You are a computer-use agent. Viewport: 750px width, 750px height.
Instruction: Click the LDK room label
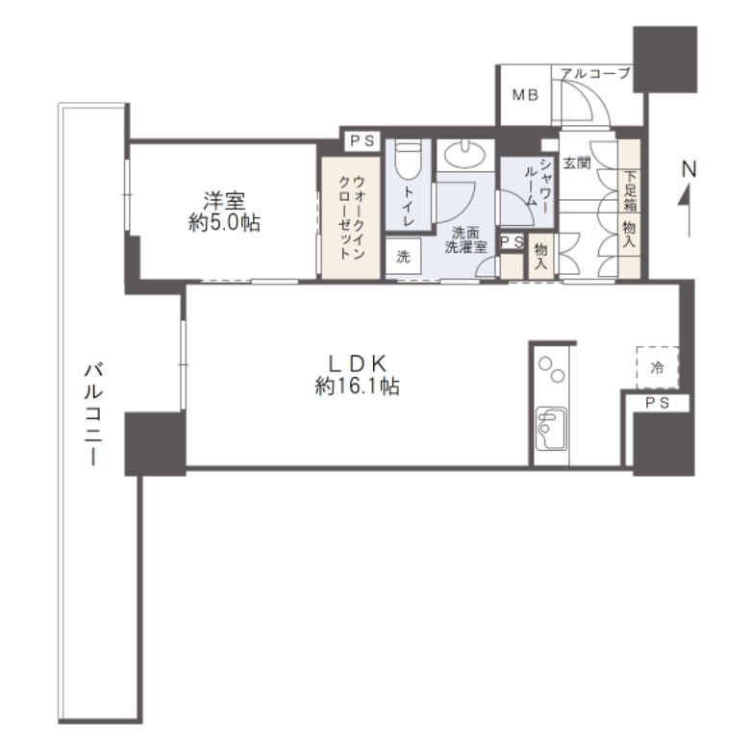point(358,363)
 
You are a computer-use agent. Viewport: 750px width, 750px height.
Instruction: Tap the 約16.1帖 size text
point(358,387)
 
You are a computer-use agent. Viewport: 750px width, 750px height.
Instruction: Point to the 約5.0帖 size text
point(223,223)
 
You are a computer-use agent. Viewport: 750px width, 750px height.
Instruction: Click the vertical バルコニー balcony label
point(93,413)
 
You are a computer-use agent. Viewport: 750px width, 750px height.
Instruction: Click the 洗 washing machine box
point(404,258)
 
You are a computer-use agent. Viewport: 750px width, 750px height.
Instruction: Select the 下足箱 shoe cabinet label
point(630,190)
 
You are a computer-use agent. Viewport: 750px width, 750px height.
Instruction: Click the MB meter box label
point(524,95)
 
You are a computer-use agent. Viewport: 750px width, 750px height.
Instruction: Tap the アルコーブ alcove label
point(595,73)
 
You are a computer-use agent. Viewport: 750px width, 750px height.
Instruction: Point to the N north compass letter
point(688,169)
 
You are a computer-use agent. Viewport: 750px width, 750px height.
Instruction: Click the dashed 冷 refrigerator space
point(657,366)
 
